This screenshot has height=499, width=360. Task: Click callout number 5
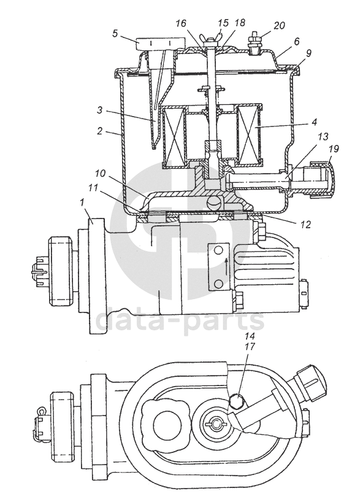(116, 34)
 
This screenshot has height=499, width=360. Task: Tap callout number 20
(279, 25)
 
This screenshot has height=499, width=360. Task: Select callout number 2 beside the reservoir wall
(101, 131)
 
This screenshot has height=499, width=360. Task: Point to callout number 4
(315, 122)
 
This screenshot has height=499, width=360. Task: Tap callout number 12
(305, 225)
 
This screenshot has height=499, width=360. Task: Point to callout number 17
(250, 347)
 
